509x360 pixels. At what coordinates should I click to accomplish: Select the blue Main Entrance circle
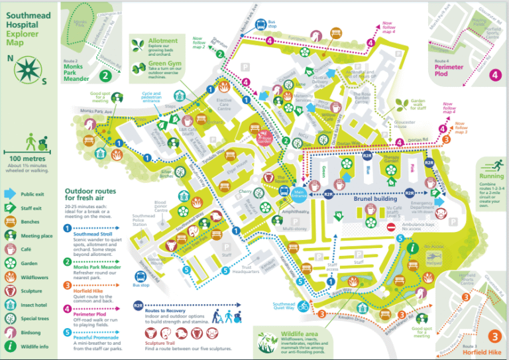[300, 193]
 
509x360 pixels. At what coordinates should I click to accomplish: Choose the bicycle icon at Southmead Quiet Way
[304, 307]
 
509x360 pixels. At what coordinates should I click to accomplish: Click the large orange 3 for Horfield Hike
[494, 336]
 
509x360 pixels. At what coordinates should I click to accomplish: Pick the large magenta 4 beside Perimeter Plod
[495, 74]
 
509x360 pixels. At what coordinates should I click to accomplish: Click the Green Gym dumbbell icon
[138, 67]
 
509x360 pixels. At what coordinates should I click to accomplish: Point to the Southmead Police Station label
[144, 219]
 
